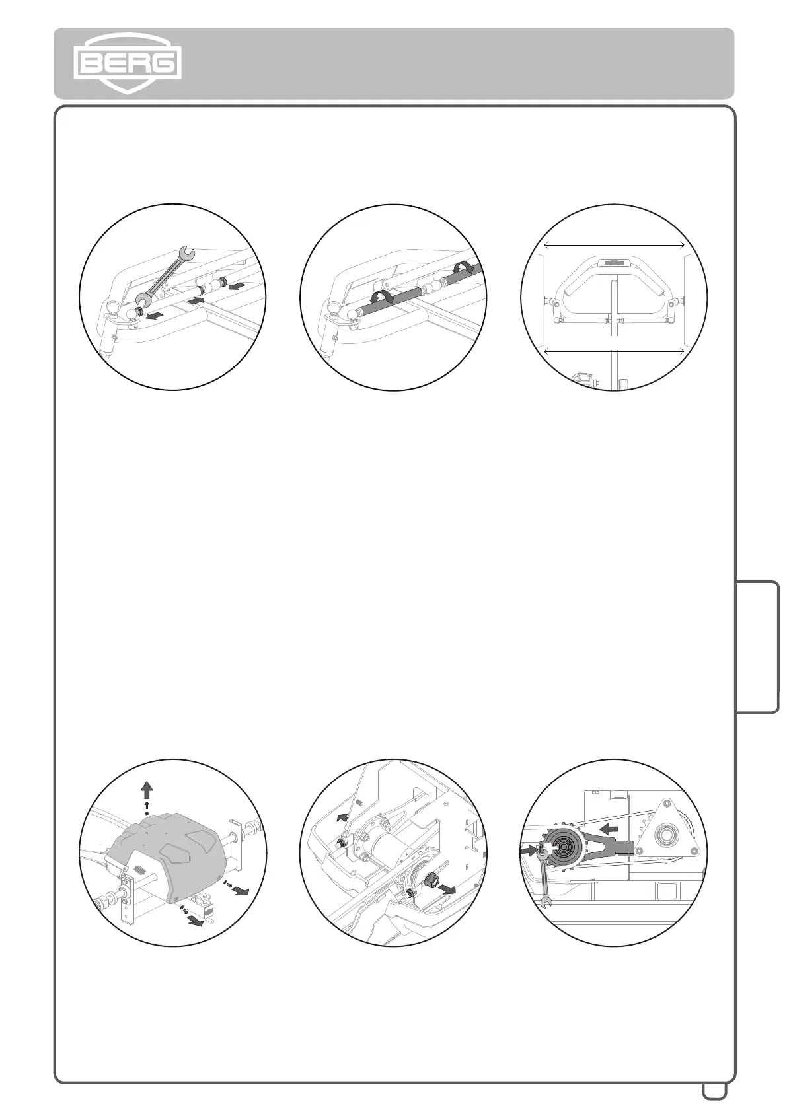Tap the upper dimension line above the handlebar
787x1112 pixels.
point(614,246)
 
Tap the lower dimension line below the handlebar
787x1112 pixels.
point(614,351)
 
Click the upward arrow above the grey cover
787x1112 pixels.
point(147,789)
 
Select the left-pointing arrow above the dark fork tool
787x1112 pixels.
point(609,827)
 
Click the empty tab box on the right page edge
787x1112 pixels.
point(757,646)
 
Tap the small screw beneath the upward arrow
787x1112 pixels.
point(147,807)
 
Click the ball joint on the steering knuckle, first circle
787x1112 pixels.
point(112,307)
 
